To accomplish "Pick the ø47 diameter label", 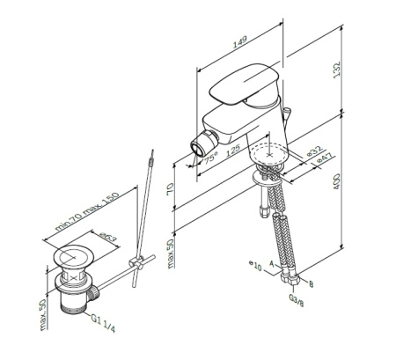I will pos(326,163).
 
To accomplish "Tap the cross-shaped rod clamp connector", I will pos(136,263).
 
